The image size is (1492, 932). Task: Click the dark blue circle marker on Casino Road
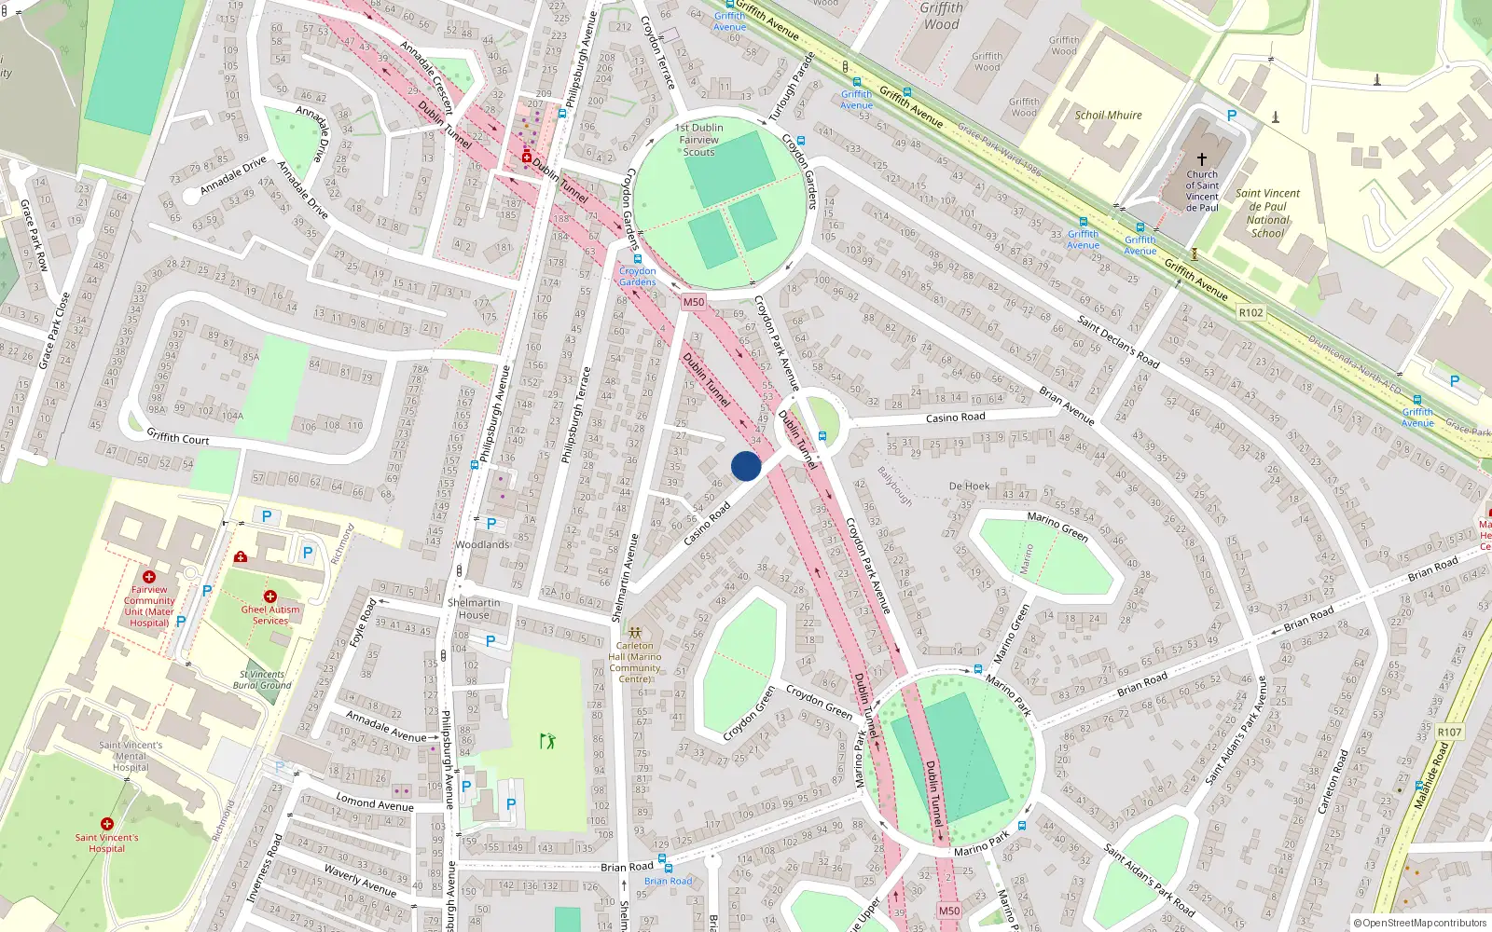(746, 466)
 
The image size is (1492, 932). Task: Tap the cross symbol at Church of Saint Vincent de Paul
(1202, 159)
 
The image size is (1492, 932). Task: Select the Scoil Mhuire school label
(1108, 116)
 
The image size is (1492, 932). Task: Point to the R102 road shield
(1250, 313)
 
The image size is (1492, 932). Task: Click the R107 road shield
(1449, 733)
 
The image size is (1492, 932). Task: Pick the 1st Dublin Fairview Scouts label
(698, 140)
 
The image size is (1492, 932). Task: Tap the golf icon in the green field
(547, 741)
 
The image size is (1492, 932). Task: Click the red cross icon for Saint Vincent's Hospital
(107, 824)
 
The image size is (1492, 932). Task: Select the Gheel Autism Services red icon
(270, 596)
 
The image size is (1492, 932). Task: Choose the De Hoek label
(969, 487)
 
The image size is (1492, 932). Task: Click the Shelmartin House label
(474, 609)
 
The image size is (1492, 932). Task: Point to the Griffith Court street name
(178, 437)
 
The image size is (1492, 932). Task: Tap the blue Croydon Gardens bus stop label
(638, 276)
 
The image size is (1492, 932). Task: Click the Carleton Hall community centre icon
(635, 633)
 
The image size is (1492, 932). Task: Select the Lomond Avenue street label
(375, 802)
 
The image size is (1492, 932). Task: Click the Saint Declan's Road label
(1118, 341)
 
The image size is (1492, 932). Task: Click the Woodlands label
(483, 544)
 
